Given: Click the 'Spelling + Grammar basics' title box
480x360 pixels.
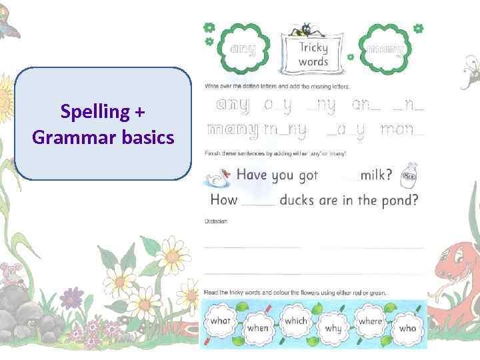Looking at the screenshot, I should coord(103,123).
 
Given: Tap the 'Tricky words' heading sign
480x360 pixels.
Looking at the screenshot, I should coord(313,54).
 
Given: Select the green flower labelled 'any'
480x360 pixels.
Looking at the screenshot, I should coord(243,48).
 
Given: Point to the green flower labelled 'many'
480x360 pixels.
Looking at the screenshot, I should coord(385,48).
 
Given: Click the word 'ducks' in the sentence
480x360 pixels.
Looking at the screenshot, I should coord(299,200).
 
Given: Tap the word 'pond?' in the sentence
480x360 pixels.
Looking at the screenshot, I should coord(399,201).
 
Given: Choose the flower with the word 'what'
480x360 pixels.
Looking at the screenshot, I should coord(220,321).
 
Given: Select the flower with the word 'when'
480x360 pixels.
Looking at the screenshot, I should coord(257,327).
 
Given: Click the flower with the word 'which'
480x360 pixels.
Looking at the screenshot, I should coord(295,321).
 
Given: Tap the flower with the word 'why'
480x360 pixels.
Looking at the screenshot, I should coord(333,327).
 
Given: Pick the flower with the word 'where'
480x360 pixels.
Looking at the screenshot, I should coord(370,321).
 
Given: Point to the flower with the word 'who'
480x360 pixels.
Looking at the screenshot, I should coord(407,327).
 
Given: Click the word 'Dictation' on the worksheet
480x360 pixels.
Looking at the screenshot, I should coord(216,221).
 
